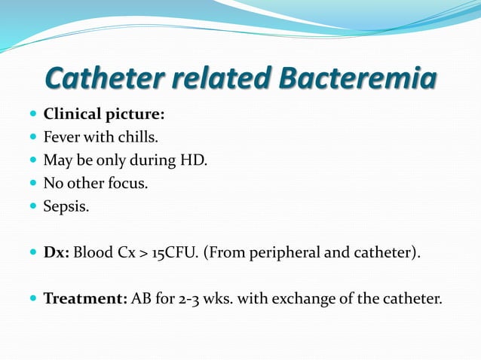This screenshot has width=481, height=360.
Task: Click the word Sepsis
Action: pyautogui.click(x=66, y=206)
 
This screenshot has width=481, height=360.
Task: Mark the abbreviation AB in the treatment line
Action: pyautogui.click(x=141, y=298)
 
